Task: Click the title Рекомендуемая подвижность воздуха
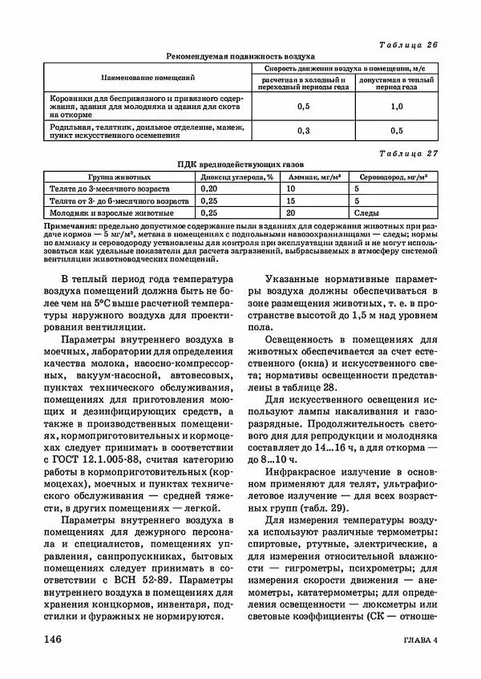pos(240,57)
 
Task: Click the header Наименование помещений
pos(148,78)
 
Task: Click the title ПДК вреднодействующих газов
pos(240,164)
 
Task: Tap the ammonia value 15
pos(291,201)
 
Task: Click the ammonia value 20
pos(291,214)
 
